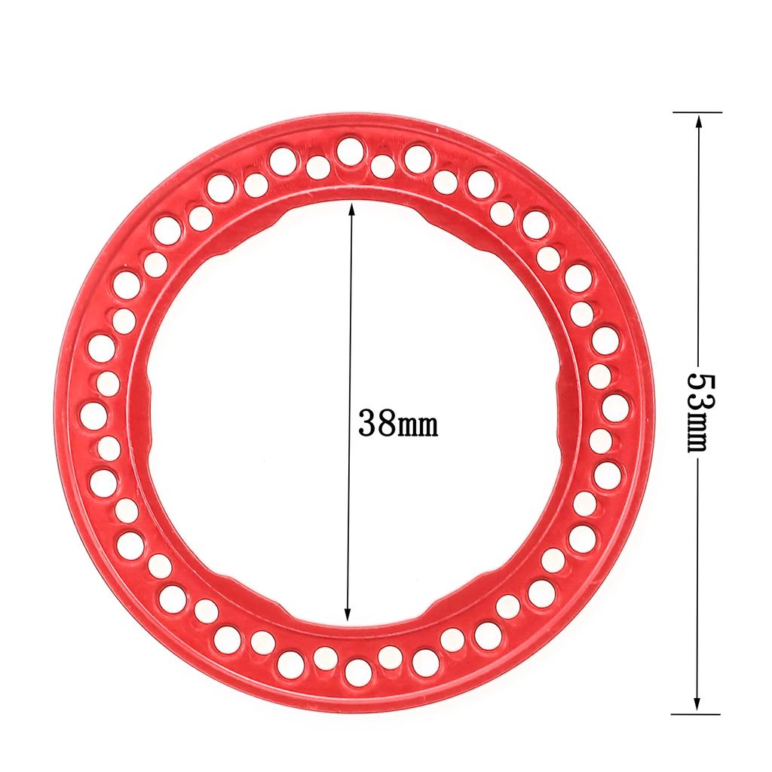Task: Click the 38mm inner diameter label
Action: coord(397,424)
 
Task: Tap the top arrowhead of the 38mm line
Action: coord(351,208)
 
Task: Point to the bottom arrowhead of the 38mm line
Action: coord(347,614)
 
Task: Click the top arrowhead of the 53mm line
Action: coord(698,120)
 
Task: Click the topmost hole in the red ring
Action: coord(349,150)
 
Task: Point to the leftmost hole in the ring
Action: coord(93,414)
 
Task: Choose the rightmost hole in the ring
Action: coord(614,407)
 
